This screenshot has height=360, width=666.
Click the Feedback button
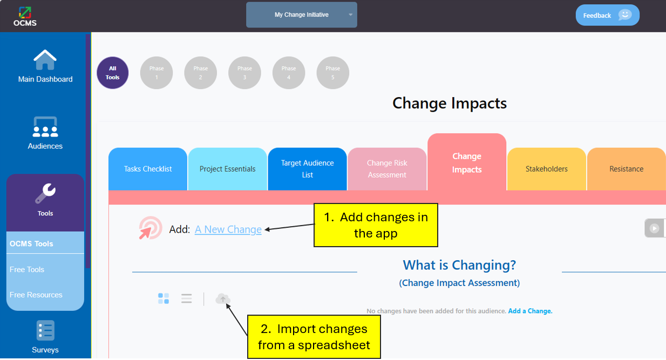point(607,15)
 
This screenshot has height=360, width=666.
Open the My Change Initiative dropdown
point(302,15)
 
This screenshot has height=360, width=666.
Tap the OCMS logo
point(25,16)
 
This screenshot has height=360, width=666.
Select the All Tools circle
point(112,73)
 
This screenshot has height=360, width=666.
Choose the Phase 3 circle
point(244,73)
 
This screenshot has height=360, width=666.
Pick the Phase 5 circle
point(332,73)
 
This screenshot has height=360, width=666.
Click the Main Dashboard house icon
point(45,60)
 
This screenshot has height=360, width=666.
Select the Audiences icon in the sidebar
point(45,127)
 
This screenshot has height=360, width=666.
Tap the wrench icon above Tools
point(45,194)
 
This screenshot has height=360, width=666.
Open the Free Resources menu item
point(36,295)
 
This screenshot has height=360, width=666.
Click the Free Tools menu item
point(27,270)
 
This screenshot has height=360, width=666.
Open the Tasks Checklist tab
point(148,169)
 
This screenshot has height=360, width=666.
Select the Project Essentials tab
point(227,169)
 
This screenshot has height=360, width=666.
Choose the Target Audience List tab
point(308,169)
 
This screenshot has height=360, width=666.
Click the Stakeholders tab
point(547,169)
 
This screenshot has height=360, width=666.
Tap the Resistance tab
point(627,169)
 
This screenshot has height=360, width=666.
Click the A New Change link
point(228,229)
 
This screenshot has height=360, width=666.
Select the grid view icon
point(164,298)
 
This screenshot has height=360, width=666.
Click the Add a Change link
point(530,311)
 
